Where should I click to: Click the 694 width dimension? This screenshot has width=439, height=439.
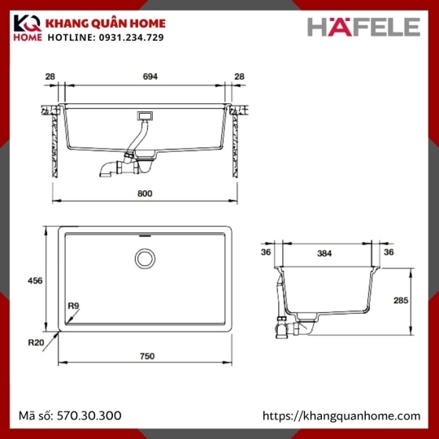coord(150,76)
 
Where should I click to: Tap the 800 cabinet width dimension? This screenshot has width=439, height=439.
coord(145,193)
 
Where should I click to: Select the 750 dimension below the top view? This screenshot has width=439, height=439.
coord(147,356)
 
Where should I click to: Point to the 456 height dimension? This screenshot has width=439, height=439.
coord(35,280)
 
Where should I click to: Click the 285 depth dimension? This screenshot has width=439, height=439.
coord(401,301)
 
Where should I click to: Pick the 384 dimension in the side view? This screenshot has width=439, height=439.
coord(324,254)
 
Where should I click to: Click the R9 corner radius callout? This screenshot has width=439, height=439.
coord(74,306)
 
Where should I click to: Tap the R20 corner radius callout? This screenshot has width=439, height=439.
coord(36,342)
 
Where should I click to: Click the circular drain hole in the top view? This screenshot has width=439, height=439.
coord(145,259)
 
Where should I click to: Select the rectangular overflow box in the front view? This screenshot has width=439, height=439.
coord(145,115)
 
